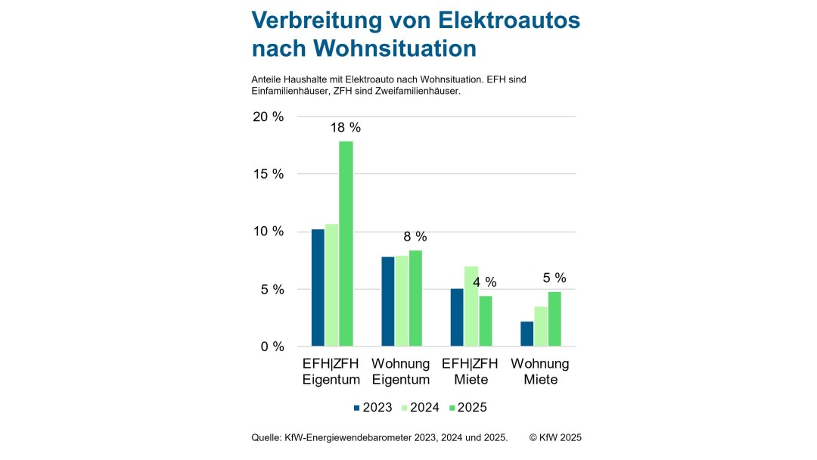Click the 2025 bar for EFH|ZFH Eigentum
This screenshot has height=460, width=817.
[x=346, y=244]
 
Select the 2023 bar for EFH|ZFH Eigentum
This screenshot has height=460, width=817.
[x=318, y=287]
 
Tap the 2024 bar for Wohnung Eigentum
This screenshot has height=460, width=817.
[x=401, y=301]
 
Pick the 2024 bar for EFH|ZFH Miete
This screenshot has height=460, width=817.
[x=471, y=306]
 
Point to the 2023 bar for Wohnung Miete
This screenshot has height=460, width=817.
[x=527, y=334]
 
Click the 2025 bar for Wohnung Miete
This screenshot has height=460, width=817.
[x=555, y=319]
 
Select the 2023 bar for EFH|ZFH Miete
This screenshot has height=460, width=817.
[x=457, y=317]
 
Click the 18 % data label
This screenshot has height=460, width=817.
[x=346, y=127]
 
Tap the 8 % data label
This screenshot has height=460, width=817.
[x=415, y=236]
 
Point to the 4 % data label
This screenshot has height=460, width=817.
[x=485, y=282]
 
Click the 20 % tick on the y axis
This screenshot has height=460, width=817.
[x=268, y=117]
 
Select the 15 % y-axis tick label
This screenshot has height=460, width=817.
[x=268, y=174]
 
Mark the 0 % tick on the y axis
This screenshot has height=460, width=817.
[x=272, y=347]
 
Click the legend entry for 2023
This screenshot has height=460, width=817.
[x=372, y=407]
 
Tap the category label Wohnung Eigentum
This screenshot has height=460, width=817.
[x=400, y=371]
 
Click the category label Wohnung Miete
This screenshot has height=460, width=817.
[x=540, y=371]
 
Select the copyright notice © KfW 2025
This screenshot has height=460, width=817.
[x=555, y=437]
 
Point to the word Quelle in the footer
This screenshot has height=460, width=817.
[x=267, y=437]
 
